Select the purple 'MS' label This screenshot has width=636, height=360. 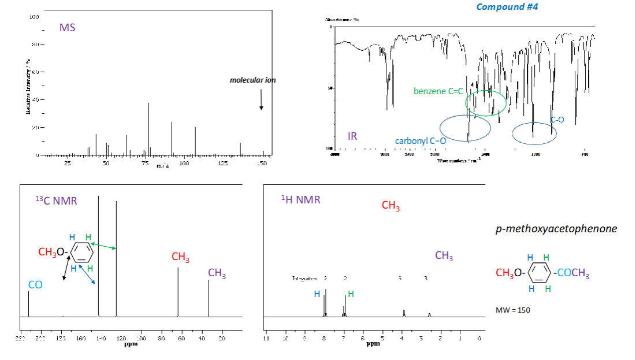pyautogui.click(x=67, y=28)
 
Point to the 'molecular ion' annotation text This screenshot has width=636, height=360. pyautogui.click(x=252, y=80)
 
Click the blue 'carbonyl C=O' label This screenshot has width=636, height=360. pyautogui.click(x=421, y=141)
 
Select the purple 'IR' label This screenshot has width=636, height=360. pyautogui.click(x=352, y=136)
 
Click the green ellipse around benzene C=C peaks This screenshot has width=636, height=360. pyautogui.click(x=486, y=102)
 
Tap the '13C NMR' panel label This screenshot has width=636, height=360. pyautogui.click(x=56, y=201)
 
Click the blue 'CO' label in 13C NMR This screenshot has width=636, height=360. pyautogui.click(x=35, y=285)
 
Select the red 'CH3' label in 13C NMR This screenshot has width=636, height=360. pyautogui.click(x=180, y=257)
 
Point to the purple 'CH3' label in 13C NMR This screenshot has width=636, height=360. pyautogui.click(x=217, y=273)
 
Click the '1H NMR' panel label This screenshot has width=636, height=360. pyautogui.click(x=300, y=200)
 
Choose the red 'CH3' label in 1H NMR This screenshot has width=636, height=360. pyautogui.click(x=391, y=206)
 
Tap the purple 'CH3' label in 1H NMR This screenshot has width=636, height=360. pyautogui.click(x=444, y=256)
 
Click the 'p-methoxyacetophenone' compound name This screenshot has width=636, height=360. pyautogui.click(x=556, y=228)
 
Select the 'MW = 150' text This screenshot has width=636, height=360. pyautogui.click(x=513, y=310)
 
